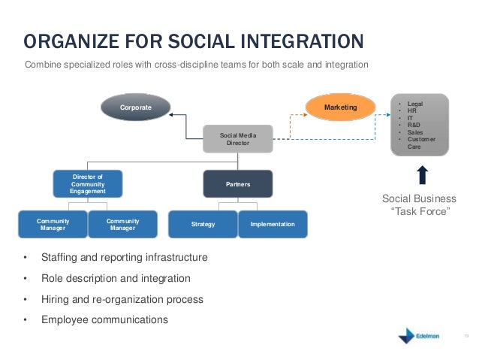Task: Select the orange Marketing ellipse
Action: tap(340, 108)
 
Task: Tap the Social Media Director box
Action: tap(238, 138)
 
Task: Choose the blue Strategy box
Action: tap(203, 225)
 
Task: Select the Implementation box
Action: tap(273, 225)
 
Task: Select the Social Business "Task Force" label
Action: tap(419, 204)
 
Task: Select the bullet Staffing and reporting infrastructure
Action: tap(124, 258)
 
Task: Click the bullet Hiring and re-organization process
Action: tap(122, 299)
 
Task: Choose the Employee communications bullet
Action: tap(104, 319)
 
